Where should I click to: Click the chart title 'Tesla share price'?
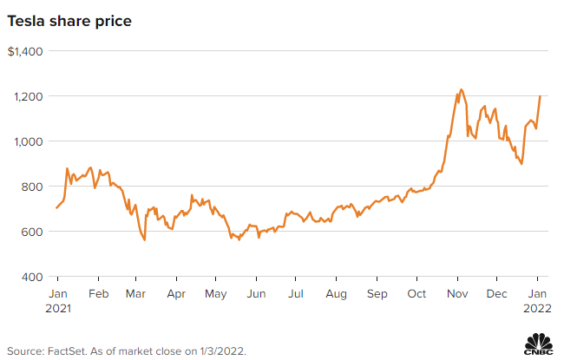click(69, 20)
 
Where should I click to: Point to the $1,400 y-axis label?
click(26, 51)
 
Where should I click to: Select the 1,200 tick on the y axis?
click(29, 96)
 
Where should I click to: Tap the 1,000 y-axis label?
click(29, 141)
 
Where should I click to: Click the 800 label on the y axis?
click(33, 187)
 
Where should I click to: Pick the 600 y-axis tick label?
click(33, 232)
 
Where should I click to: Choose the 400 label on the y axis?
click(33, 277)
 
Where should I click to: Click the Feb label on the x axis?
click(98, 294)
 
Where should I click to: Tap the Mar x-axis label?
click(136, 294)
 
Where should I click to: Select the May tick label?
click(216, 294)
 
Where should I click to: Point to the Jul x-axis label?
click(295, 294)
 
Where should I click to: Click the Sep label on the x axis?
click(376, 294)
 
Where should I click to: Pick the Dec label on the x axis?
click(496, 294)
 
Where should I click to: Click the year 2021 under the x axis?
click(57, 308)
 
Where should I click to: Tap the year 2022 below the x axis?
click(537, 308)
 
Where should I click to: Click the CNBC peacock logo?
click(540, 344)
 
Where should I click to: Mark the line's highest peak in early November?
click(461, 89)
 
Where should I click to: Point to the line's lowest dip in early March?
click(144, 239)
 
